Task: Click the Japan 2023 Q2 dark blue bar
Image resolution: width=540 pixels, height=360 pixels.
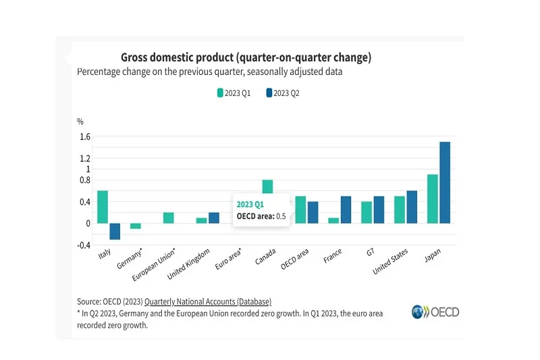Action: click(x=445, y=182)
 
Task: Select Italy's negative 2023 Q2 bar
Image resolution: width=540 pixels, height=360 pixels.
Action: click(x=115, y=231)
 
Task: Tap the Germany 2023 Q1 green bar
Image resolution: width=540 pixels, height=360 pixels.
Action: click(x=136, y=226)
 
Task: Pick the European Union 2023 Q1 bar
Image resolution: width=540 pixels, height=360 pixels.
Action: click(x=169, y=217)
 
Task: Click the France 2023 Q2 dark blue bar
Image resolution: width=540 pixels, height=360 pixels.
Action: click(x=346, y=209)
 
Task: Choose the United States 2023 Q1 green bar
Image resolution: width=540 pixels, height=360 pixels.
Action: click(x=400, y=209)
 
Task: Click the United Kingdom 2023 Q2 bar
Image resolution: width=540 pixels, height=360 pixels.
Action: click(x=214, y=217)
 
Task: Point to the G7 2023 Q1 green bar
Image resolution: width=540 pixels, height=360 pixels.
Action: click(x=367, y=212)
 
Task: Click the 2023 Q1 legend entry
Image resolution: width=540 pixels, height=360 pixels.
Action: click(x=234, y=93)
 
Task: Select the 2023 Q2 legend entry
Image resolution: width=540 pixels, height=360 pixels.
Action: click(x=282, y=93)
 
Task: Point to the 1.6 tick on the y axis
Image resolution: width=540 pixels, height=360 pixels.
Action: click(x=84, y=136)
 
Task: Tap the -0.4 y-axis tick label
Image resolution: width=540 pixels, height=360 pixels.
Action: click(x=84, y=245)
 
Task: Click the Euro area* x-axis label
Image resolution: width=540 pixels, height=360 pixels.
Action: click(x=229, y=259)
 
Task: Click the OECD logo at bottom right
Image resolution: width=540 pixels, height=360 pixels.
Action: click(x=435, y=312)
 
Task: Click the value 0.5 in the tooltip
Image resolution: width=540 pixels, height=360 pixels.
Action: click(x=281, y=216)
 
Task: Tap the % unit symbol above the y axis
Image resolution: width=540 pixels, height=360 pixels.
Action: click(x=80, y=122)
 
